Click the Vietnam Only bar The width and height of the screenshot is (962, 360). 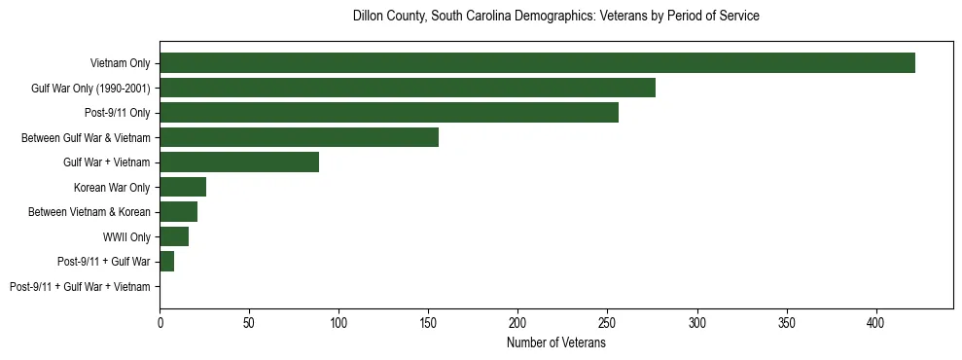click(x=537, y=63)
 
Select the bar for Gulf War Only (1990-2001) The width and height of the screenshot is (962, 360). click(x=408, y=88)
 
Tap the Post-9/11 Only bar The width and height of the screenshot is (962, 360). click(x=389, y=113)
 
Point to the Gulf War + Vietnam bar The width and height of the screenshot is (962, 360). click(x=239, y=162)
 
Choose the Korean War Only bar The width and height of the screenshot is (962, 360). click(x=183, y=187)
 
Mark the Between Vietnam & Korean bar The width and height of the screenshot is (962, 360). click(x=179, y=212)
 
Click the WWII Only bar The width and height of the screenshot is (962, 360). click(x=174, y=236)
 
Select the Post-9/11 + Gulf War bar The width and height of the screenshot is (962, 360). click(x=167, y=262)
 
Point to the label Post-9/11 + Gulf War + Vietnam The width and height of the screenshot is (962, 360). click(x=80, y=287)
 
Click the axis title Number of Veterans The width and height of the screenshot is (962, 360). click(x=556, y=342)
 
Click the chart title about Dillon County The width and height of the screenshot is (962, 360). click(x=555, y=17)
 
